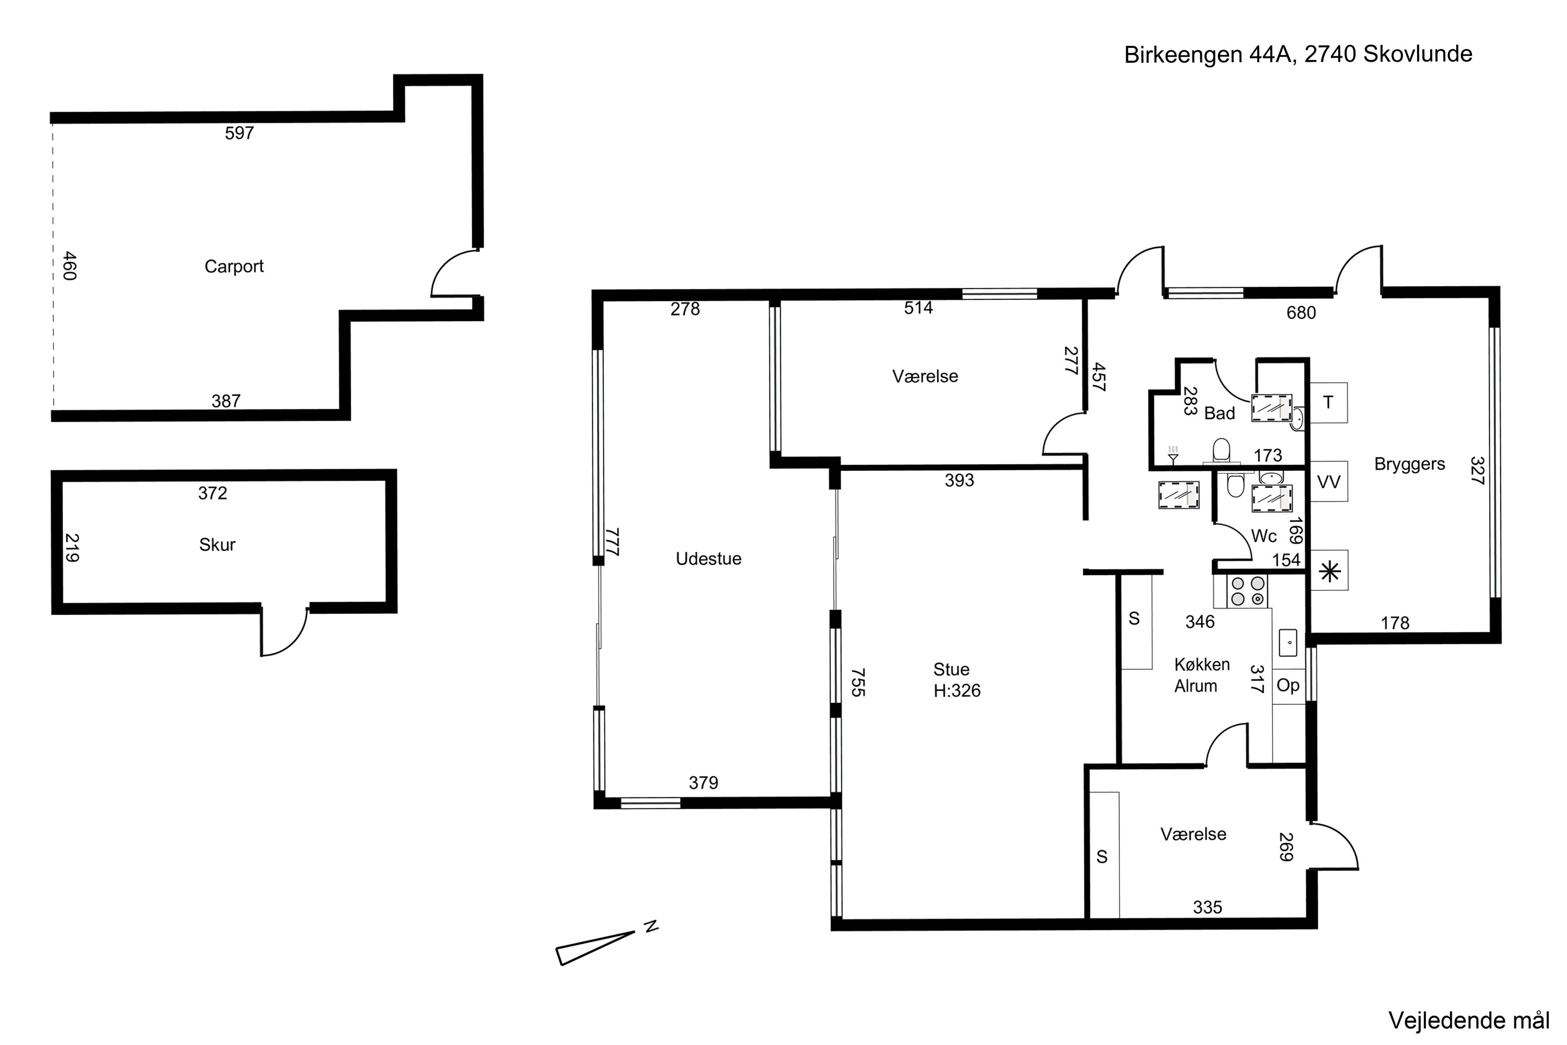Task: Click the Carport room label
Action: (234, 266)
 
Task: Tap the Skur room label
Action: (217, 544)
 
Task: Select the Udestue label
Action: (708, 559)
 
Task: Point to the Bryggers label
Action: (1409, 465)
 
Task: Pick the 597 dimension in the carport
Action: (239, 133)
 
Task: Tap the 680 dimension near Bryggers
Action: (1301, 312)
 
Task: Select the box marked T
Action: (1328, 402)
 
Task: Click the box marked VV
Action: (1328, 481)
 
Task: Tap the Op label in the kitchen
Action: (1288, 685)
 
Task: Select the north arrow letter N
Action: (651, 926)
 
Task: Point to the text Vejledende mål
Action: (1468, 1020)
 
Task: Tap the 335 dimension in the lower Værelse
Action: (1207, 907)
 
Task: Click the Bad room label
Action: (1219, 414)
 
